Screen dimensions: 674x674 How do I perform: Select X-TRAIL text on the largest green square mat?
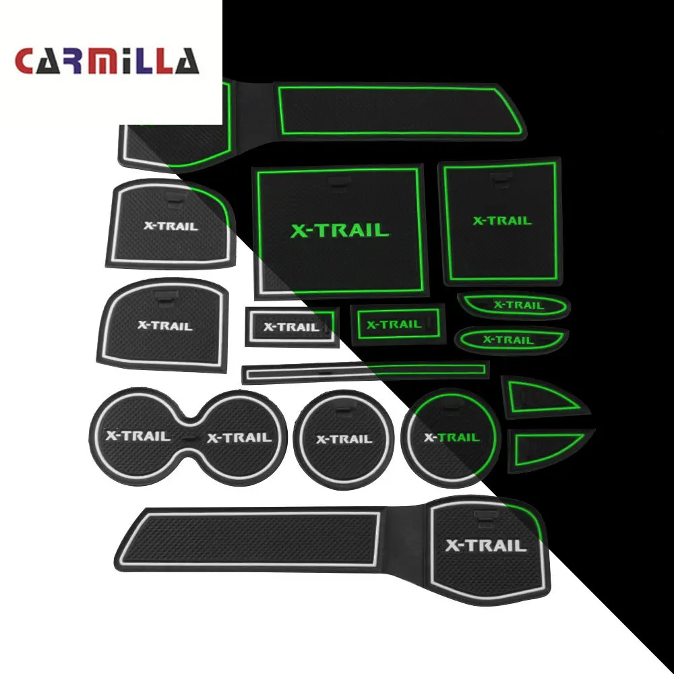[x=340, y=231]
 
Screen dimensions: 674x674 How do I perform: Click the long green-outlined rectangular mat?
[x=398, y=110]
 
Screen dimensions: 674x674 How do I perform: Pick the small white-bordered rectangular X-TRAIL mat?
[x=291, y=327]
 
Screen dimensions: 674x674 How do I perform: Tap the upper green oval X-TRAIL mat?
[x=513, y=305]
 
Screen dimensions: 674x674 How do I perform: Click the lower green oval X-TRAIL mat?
[x=511, y=340]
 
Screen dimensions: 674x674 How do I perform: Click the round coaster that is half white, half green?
[x=450, y=437]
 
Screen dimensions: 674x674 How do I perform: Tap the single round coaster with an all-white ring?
[x=344, y=438]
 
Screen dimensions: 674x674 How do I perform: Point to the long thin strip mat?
[x=364, y=371]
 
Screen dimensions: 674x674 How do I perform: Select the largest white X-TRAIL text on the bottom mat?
[x=485, y=545]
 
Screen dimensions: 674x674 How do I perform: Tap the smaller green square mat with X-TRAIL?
[x=500, y=221]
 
